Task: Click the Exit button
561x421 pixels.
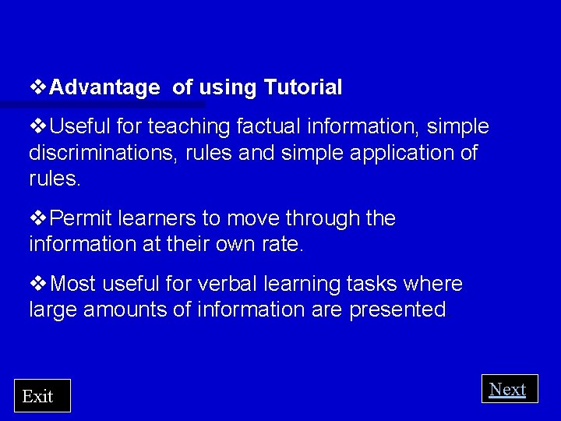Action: [x=42, y=396]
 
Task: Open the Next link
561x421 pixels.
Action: [x=508, y=389]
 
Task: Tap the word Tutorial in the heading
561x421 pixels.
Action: [x=303, y=88]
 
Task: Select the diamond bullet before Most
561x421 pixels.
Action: [x=38, y=283]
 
